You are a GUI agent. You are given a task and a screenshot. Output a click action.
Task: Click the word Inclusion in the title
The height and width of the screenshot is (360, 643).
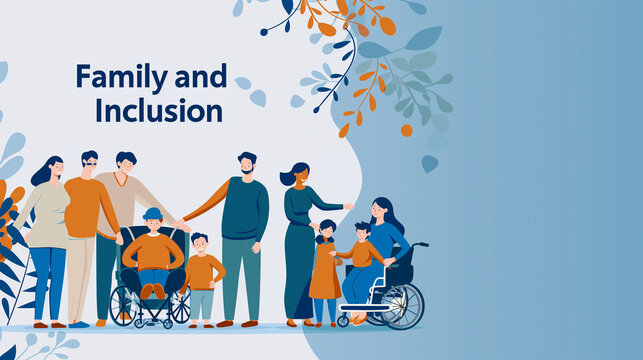coord(159,110)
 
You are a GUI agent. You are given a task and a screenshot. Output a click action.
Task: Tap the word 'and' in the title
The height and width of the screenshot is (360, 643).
coord(200,77)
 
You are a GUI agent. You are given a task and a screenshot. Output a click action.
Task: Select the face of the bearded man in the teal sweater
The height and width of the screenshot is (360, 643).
coord(247,165)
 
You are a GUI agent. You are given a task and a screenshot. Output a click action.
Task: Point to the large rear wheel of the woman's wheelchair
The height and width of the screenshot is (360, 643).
coord(402,305)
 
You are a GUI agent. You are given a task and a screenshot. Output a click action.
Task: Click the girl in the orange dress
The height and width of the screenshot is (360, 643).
coord(325,270)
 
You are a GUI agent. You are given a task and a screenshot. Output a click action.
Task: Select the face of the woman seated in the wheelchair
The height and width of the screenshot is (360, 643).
coord(381,211)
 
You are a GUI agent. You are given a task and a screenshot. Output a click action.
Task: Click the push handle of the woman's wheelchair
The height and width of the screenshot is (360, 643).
coord(421,244)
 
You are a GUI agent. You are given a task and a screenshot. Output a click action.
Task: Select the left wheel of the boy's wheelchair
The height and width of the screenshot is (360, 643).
coord(123,305)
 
